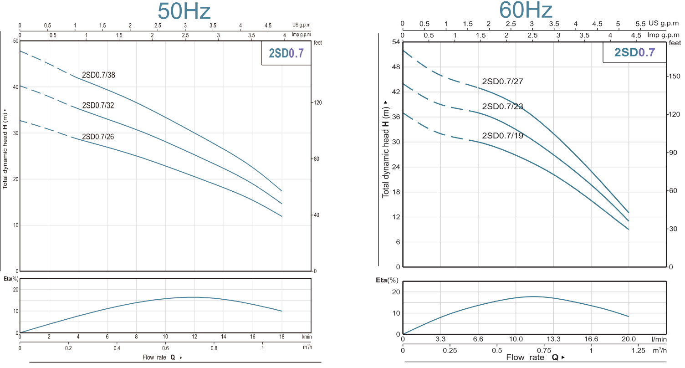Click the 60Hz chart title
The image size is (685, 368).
[526, 10]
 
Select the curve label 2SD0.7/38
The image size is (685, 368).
[98, 75]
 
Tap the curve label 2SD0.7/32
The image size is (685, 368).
[98, 106]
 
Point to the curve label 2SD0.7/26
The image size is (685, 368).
[98, 137]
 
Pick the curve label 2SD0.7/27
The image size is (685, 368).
[502, 82]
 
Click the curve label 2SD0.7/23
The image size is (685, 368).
[502, 107]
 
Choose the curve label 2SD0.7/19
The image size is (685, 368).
[502, 135]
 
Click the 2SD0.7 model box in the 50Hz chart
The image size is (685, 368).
[286, 53]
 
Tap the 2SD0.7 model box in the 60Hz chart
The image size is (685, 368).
[634, 52]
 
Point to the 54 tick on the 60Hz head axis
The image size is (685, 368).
[395, 42]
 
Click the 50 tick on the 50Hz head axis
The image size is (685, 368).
[16, 41]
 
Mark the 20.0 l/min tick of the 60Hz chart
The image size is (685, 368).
[628, 339]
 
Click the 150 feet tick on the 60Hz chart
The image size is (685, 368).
[674, 77]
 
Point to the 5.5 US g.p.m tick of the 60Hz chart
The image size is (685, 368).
[640, 23]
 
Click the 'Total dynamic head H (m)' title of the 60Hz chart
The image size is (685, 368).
[386, 149]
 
